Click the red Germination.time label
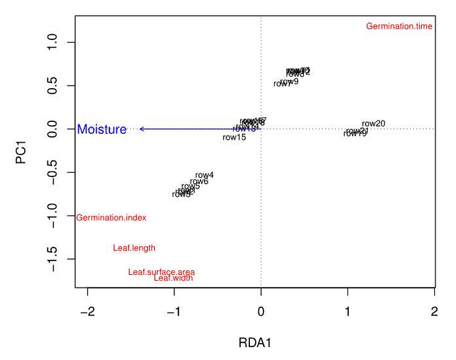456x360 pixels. [399, 26]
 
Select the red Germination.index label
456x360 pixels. [111, 218]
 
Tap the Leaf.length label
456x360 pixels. [134, 248]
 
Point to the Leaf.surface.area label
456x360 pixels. [161, 272]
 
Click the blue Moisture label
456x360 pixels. [102, 129]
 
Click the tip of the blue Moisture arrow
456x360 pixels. [140, 129]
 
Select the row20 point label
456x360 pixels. [373, 124]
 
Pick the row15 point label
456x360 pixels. [234, 137]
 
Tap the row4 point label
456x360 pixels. [204, 175]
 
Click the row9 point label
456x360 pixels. [289, 81]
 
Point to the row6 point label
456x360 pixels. [199, 181]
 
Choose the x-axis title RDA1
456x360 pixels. [255, 342]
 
